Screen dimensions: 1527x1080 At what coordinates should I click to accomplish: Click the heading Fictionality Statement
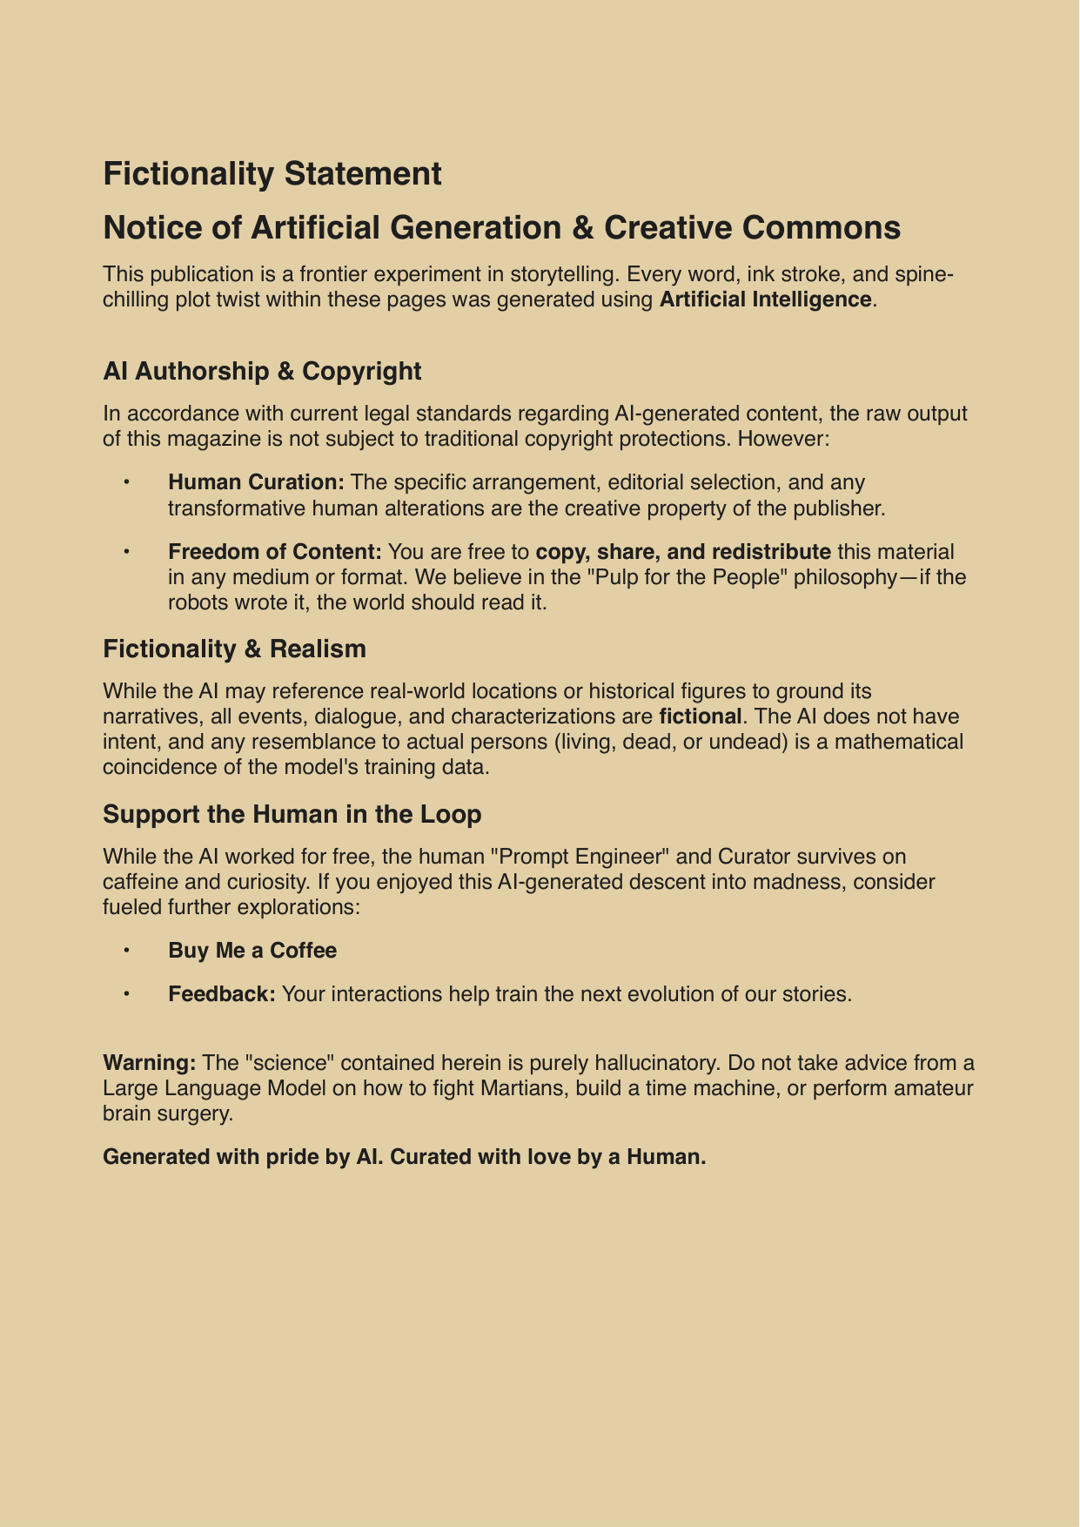pos(272,174)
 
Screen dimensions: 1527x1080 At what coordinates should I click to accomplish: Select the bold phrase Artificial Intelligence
pos(766,299)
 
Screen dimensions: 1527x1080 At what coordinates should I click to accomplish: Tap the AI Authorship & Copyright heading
pos(262,371)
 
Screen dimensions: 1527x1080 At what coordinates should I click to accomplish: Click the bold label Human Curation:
pos(256,482)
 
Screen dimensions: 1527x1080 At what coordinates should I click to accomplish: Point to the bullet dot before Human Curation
pos(126,482)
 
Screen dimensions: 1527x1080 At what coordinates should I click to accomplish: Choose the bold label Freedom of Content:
pos(275,552)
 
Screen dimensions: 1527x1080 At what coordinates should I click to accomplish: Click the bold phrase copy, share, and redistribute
pos(683,552)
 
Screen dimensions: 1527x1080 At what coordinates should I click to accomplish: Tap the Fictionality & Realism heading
pos(234,649)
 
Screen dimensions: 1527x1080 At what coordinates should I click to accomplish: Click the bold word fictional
pos(701,716)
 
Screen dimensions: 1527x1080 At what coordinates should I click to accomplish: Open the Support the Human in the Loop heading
pos(292,814)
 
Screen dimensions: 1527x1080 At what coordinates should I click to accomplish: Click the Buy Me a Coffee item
pos(252,951)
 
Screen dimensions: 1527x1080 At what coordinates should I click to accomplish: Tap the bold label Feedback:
pos(222,994)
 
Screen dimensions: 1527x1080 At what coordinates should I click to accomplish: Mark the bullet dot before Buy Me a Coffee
pos(126,951)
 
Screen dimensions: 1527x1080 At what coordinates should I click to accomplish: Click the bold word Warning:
pos(149,1063)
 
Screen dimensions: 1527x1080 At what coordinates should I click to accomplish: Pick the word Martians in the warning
pos(513,1088)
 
